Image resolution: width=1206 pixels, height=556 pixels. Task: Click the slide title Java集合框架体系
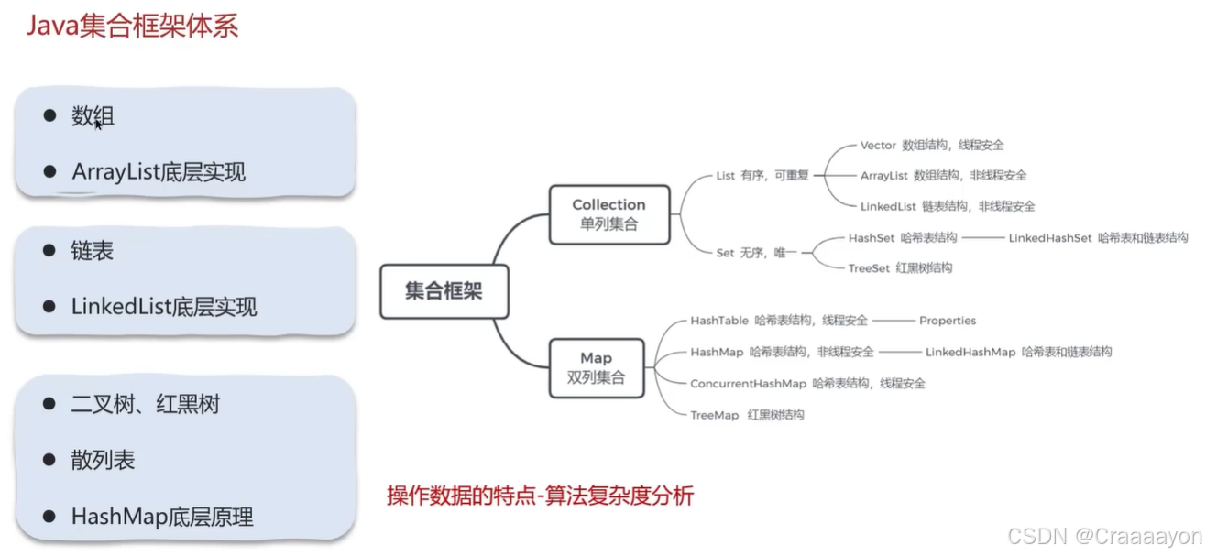pyautogui.click(x=133, y=26)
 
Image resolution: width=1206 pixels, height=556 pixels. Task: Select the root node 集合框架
pyautogui.click(x=444, y=291)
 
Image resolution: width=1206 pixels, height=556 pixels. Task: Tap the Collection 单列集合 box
pyautogui.click(x=608, y=214)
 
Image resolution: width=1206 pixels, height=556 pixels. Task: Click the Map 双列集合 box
pyautogui.click(x=596, y=367)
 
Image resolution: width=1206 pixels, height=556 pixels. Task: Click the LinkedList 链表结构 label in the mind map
pyautogui.click(x=947, y=206)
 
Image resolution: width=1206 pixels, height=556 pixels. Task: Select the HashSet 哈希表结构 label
pyautogui.click(x=902, y=238)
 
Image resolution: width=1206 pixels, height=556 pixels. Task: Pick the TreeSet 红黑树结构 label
pyautogui.click(x=899, y=267)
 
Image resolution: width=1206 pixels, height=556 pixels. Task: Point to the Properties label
pyautogui.click(x=947, y=321)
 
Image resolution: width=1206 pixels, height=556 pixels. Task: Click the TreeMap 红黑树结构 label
pyautogui.click(x=746, y=415)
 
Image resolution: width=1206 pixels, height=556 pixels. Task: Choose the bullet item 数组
pyautogui.click(x=93, y=116)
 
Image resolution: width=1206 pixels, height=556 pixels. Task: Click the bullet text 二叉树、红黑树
pyautogui.click(x=145, y=404)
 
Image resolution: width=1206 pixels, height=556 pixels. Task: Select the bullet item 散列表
pyautogui.click(x=103, y=460)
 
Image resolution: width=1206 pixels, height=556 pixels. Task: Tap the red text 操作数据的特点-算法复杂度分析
pyautogui.click(x=540, y=496)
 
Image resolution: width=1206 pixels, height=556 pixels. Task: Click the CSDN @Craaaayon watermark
pyautogui.click(x=1103, y=537)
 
